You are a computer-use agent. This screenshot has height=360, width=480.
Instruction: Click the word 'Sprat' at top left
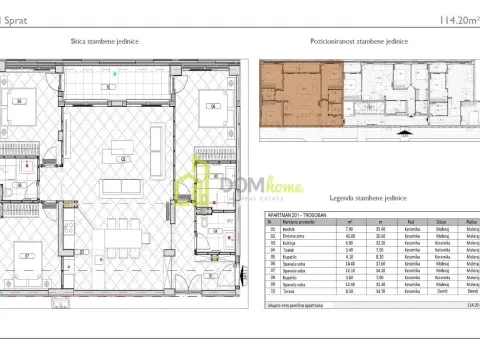pyautogui.click(x=15, y=19)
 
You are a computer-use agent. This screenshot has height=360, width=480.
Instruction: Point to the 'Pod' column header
pyautogui.click(x=409, y=222)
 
